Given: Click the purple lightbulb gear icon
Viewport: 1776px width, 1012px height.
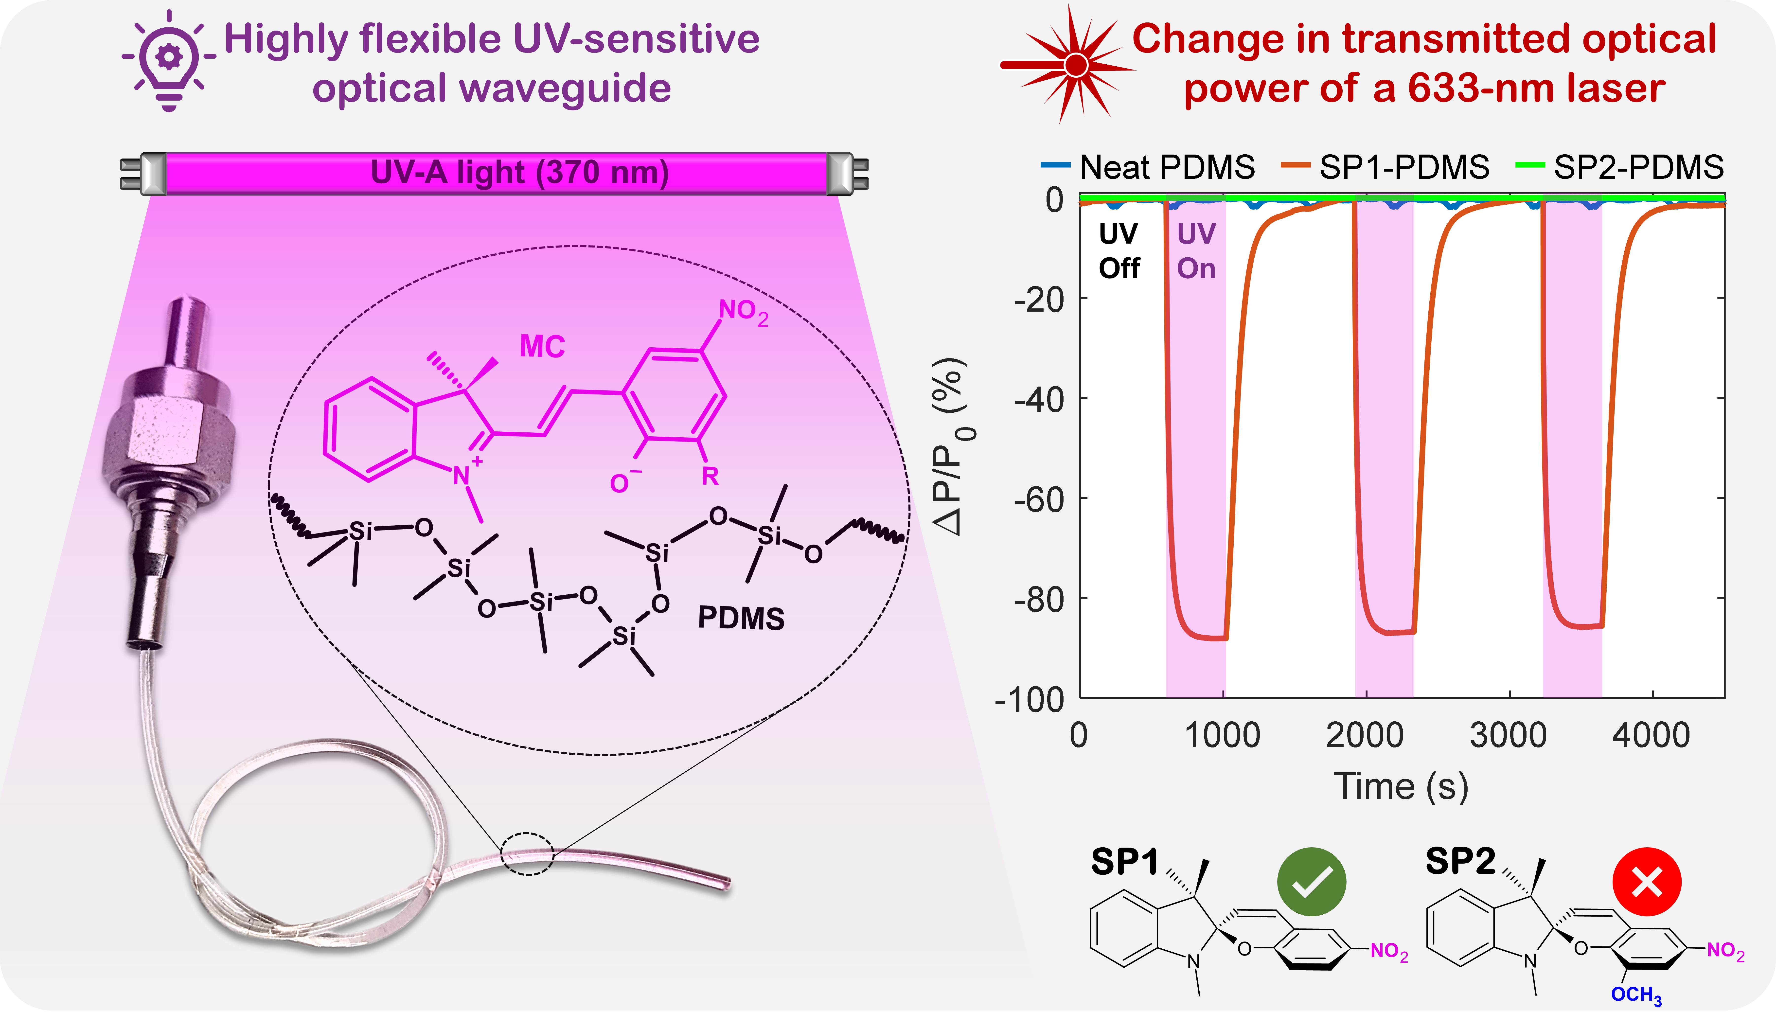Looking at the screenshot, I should tap(169, 59).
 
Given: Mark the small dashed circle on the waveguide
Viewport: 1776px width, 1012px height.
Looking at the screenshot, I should tap(527, 853).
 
